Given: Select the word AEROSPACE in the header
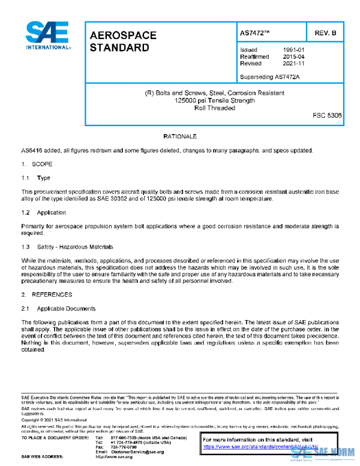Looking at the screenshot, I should (x=122, y=35).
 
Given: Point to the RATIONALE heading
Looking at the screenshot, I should (x=180, y=137).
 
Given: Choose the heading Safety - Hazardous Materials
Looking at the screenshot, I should (x=75, y=247).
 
